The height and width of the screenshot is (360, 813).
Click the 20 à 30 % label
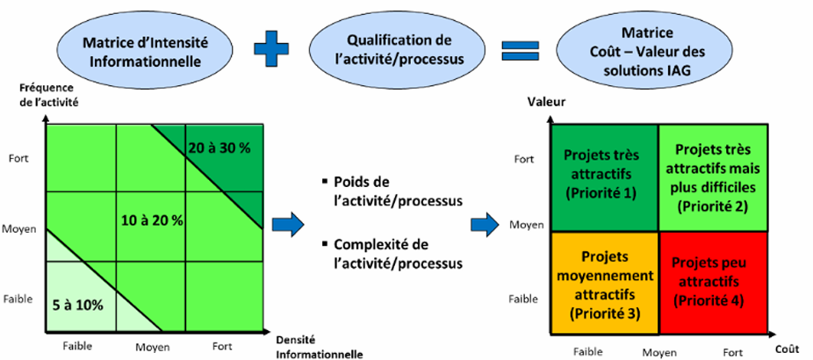(x=219, y=148)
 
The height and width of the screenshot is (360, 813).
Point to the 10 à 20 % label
(x=152, y=220)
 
